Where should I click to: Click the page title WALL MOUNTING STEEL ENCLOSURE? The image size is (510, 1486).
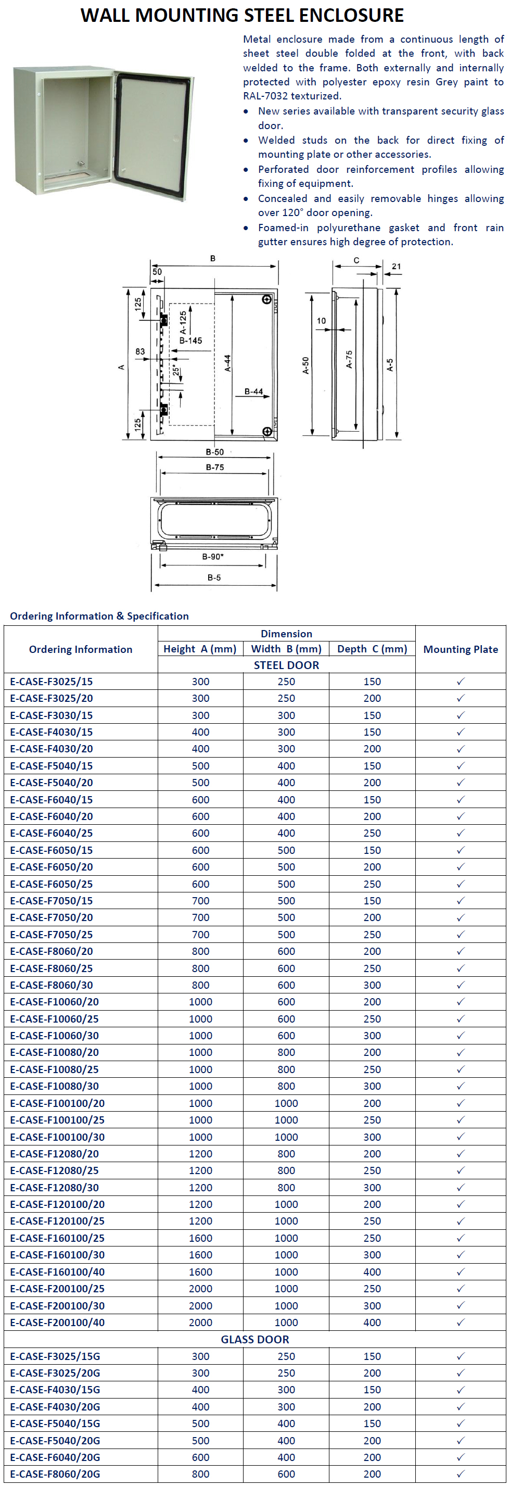242,15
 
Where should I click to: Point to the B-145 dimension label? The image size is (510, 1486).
191,341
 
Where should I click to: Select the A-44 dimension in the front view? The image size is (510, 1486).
227,363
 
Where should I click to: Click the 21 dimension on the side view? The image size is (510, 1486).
396,267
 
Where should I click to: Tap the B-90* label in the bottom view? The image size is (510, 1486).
213,557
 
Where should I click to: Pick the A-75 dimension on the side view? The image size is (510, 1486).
349,359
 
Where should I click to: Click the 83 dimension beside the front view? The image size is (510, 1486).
140,351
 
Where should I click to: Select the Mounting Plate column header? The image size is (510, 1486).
461,649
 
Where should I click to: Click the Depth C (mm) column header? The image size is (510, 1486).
372,649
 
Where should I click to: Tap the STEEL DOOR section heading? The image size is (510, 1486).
286,665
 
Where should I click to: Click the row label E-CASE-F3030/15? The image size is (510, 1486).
52,715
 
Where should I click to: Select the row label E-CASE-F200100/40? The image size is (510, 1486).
58,1322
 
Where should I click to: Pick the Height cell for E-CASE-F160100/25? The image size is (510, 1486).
200,1238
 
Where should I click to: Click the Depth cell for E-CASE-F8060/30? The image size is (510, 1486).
372,985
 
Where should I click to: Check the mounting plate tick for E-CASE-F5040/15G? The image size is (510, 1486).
461,1424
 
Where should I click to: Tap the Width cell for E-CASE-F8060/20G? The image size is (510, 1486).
286,1474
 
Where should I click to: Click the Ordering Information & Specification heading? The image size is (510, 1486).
99,616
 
